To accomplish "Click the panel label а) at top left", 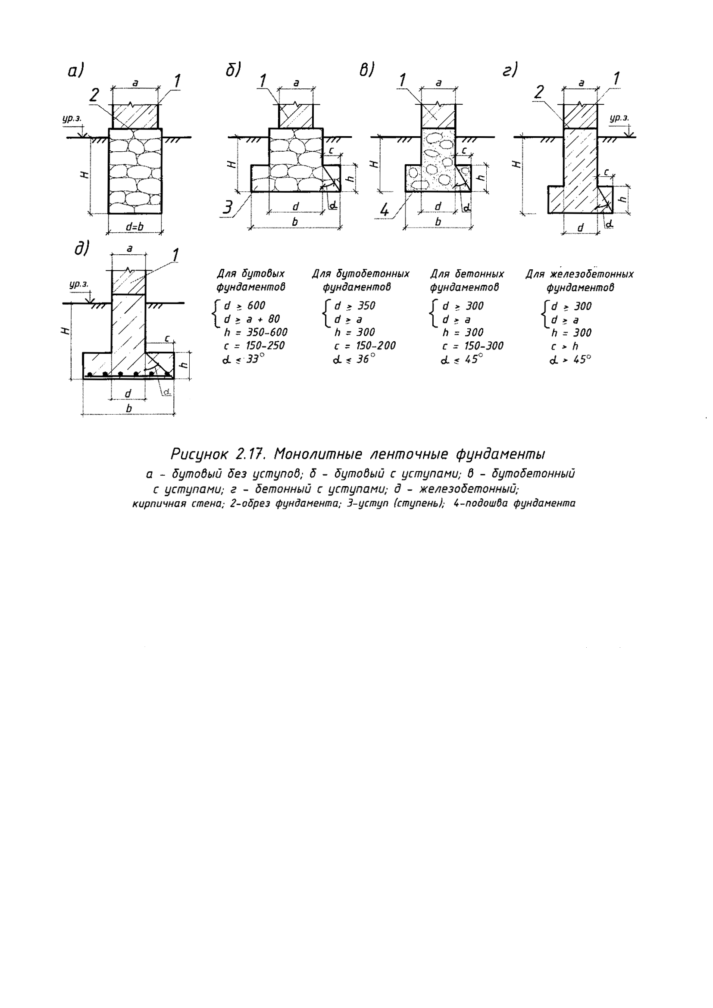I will [75, 71].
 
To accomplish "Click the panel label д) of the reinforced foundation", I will [81, 249].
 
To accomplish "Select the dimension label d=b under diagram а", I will [134, 227].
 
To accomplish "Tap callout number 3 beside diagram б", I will [228, 207].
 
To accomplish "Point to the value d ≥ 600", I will [244, 306].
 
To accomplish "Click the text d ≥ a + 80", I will [252, 319].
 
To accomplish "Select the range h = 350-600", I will [256, 332].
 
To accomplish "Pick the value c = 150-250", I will [254, 346].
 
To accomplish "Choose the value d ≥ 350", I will [355, 306].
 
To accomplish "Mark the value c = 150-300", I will [472, 346].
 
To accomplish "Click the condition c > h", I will [565, 346].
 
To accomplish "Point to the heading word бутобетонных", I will [373, 274].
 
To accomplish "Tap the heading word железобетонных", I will [592, 274].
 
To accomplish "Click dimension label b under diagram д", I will [129, 408].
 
